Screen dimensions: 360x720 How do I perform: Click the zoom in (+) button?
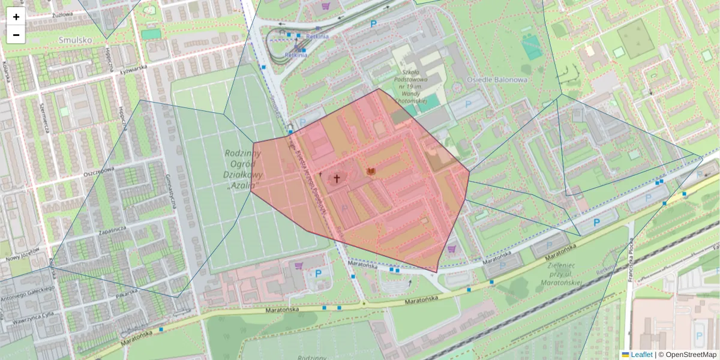click(x=16, y=17)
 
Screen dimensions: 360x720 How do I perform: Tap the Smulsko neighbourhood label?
click(x=75, y=40)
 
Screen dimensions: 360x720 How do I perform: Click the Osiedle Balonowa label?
click(x=505, y=79)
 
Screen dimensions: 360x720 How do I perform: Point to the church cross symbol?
click(x=337, y=178)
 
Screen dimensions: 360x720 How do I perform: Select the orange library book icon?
click(x=371, y=172)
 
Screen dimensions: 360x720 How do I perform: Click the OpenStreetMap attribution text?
click(x=691, y=355)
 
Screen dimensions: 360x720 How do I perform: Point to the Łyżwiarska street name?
click(x=133, y=68)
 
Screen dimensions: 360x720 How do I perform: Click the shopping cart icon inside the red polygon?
click(x=452, y=249)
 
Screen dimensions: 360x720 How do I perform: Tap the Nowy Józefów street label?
click(x=22, y=257)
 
